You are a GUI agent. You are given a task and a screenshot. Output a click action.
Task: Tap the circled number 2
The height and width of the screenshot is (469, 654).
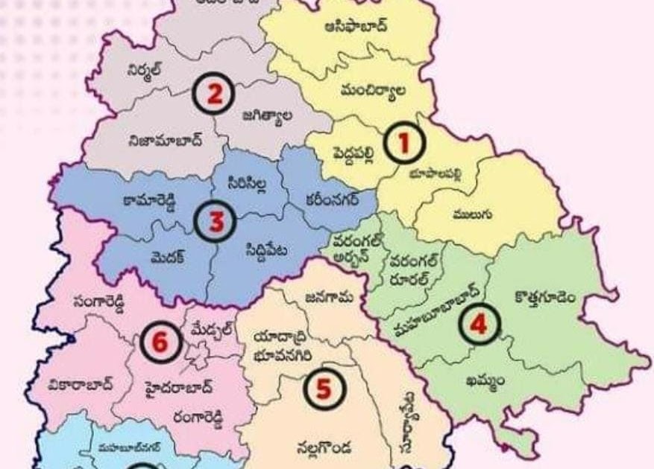tap(214, 95)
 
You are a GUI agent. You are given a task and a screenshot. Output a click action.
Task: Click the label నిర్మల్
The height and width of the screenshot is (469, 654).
tap(144, 69)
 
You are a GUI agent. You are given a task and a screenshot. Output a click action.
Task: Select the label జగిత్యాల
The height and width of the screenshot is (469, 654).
tap(266, 116)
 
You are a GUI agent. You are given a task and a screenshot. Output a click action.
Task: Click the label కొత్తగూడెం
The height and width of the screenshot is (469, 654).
tap(544, 298)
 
